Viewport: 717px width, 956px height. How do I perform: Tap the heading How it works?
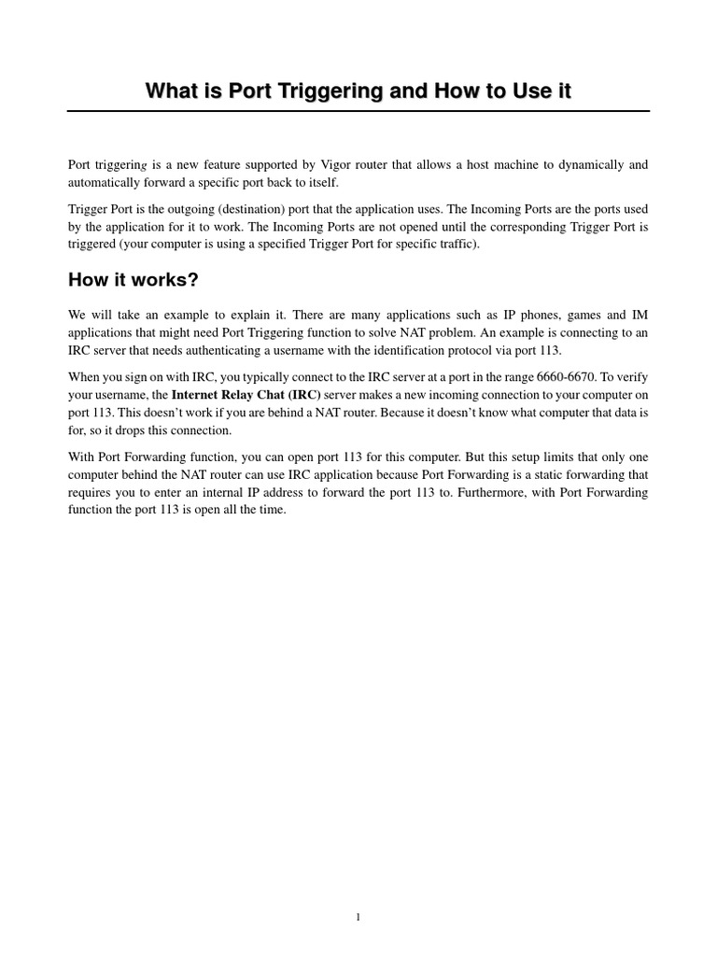click(134, 280)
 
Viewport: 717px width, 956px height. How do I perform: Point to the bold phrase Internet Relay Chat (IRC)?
click(246, 395)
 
